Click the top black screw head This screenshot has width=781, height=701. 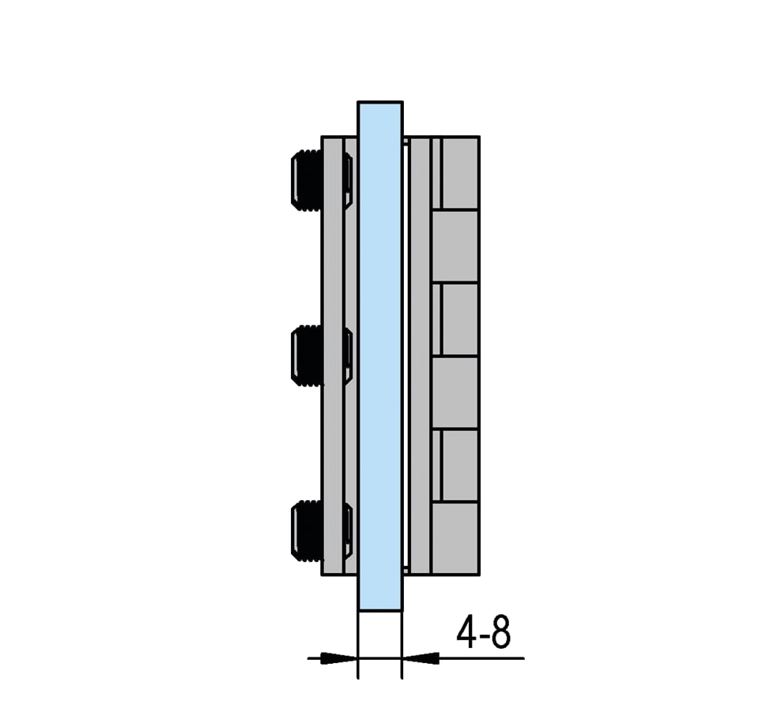[x=307, y=180]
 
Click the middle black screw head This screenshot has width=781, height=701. [x=307, y=356]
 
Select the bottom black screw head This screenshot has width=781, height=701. [x=307, y=531]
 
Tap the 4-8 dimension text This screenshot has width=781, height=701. [x=484, y=631]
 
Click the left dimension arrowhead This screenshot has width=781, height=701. [x=338, y=658]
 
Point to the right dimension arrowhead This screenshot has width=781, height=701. [x=421, y=658]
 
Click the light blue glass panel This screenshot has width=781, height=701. [x=380, y=356]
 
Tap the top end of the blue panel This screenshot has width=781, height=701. [x=380, y=103]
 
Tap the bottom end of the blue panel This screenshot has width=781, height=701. [x=380, y=610]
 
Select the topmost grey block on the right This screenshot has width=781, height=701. [x=460, y=173]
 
